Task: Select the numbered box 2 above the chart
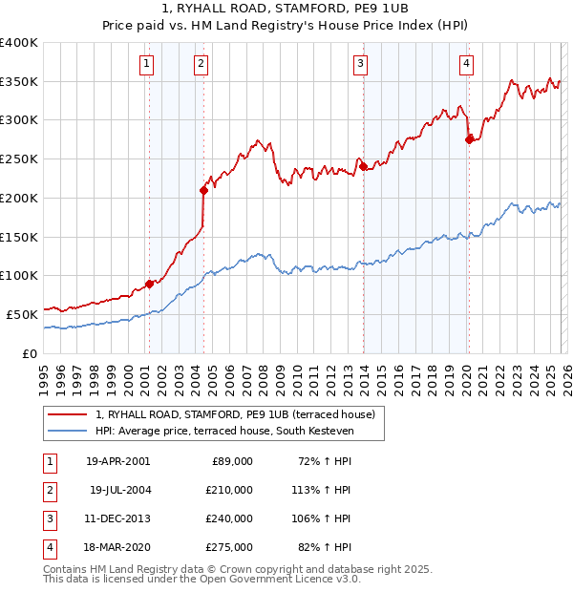tap(202, 64)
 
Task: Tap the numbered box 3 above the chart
tap(361, 64)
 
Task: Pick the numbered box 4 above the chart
tap(466, 64)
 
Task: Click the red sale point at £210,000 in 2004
tap(203, 190)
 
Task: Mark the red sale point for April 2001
tap(149, 284)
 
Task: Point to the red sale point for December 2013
tap(363, 167)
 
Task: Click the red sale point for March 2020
tap(469, 139)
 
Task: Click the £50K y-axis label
tap(22, 314)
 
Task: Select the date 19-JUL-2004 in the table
tap(119, 490)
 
